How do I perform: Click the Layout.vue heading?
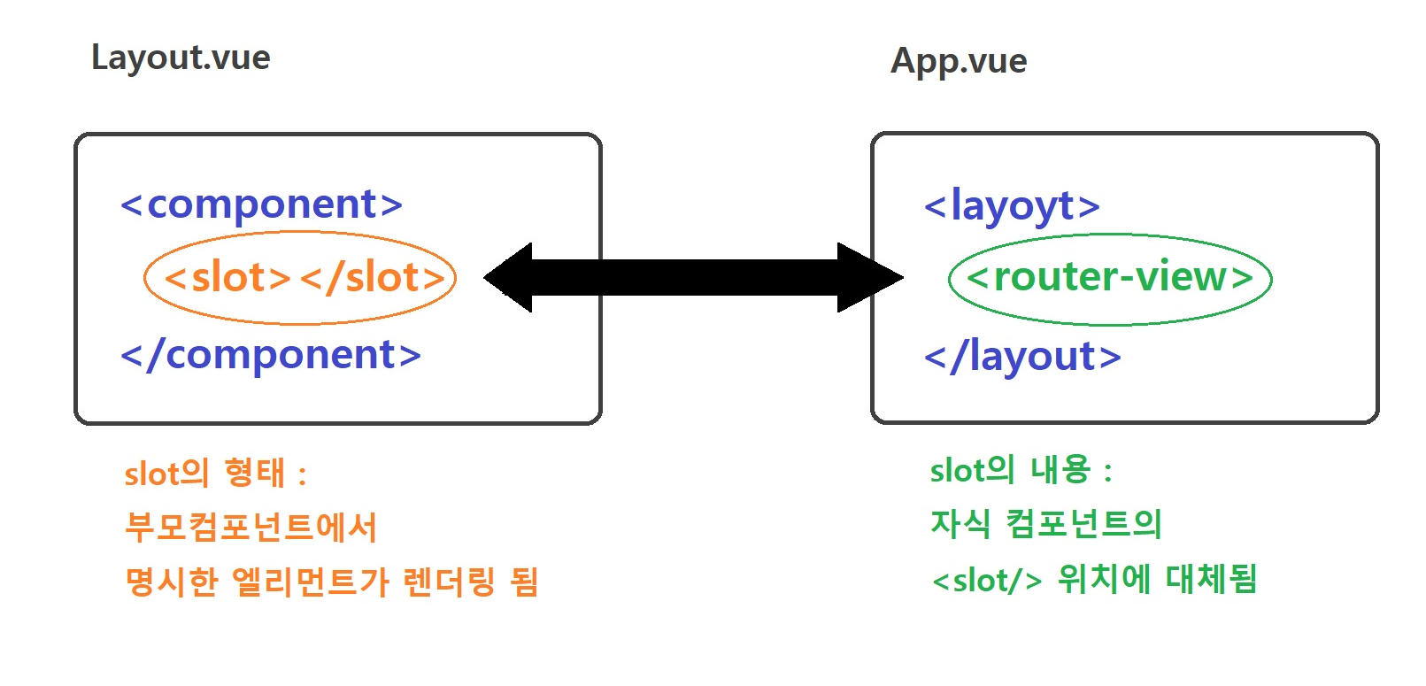click(x=181, y=58)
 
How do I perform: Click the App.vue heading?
click(x=959, y=61)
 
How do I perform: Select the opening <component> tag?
click(x=262, y=204)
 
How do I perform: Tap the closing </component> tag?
click(x=271, y=355)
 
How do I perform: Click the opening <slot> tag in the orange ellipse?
click(x=228, y=278)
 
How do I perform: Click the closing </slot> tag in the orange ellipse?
click(x=373, y=278)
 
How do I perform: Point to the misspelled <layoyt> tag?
click(x=1012, y=206)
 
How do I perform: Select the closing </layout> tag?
click(x=1022, y=357)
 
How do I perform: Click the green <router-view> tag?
click(x=1110, y=277)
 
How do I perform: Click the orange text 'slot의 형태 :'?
click(x=215, y=474)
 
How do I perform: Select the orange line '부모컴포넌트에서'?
click(x=251, y=528)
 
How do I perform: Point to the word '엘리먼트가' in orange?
click(x=310, y=582)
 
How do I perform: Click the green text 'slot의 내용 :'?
click(x=1021, y=470)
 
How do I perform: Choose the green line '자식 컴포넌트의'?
click(x=1045, y=524)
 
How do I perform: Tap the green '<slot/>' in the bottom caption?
click(x=987, y=581)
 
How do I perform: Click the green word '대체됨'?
click(x=1211, y=579)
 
